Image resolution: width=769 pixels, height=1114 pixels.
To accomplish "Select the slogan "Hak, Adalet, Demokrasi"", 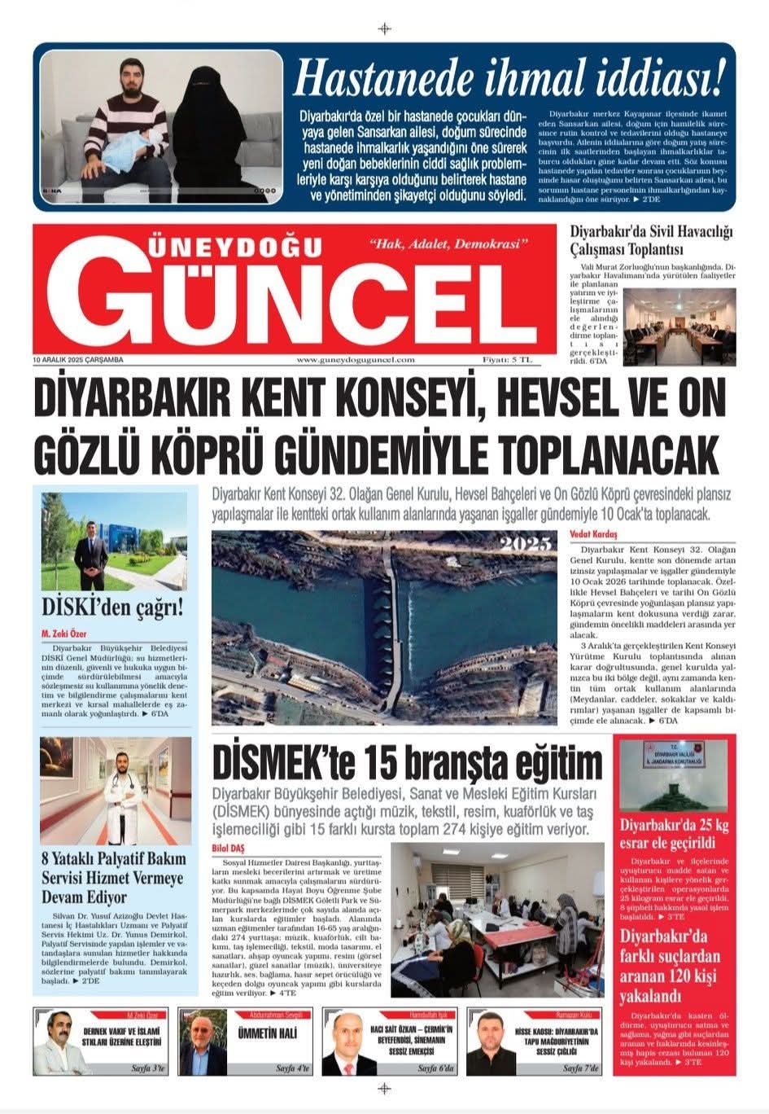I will [x=449, y=244].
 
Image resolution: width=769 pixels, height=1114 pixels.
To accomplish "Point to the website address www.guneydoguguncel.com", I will [x=356, y=359].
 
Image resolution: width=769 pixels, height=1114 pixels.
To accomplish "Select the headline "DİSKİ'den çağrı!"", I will [x=113, y=607].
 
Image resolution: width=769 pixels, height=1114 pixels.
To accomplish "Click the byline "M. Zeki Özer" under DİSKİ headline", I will [x=63, y=634].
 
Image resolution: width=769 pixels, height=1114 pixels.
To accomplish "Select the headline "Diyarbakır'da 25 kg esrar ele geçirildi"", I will [x=674, y=833].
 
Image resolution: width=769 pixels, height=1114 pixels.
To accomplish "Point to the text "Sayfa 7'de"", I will [x=580, y=1068].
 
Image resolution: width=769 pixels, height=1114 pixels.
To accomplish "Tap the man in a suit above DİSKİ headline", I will [x=91, y=551].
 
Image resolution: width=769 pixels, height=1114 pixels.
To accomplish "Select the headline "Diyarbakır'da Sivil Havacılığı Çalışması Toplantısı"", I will [x=651, y=239].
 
